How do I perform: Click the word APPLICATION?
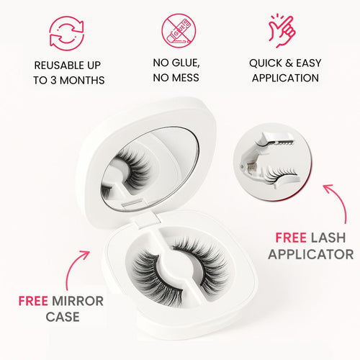[x=284, y=78]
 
